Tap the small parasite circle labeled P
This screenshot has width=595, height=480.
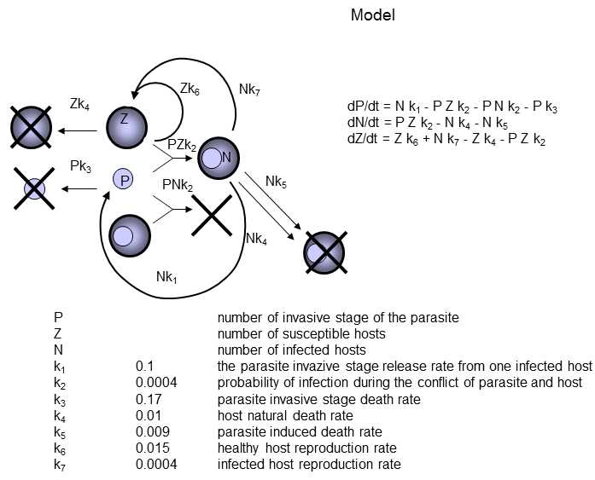pos(125,179)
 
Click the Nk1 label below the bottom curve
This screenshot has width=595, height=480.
pos(167,276)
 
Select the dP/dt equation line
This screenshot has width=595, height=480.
pos(452,107)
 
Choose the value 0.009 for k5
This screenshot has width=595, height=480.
pos(151,431)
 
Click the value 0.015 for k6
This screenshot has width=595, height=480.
pos(151,448)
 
